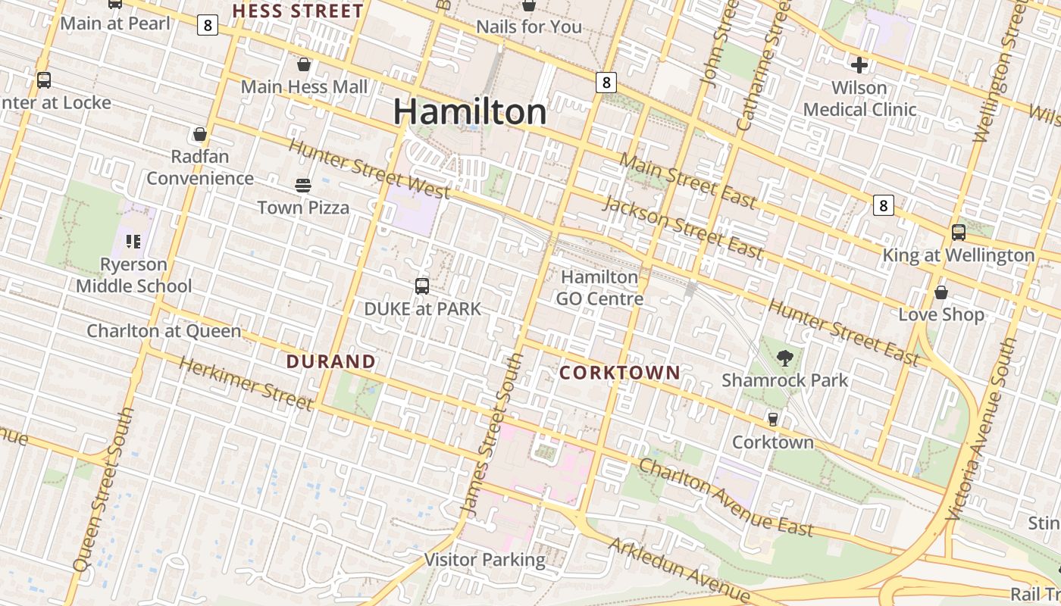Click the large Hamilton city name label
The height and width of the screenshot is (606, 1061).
click(x=470, y=112)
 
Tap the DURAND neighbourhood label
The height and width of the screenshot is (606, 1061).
click(x=331, y=361)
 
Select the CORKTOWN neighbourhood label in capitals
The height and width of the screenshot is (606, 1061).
click(x=620, y=372)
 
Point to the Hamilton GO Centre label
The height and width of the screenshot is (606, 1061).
click(x=599, y=288)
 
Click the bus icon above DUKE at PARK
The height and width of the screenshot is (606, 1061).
click(x=422, y=286)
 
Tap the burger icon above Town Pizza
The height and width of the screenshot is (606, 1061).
click(x=303, y=186)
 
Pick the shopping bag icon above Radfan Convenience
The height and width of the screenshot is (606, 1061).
click(x=200, y=134)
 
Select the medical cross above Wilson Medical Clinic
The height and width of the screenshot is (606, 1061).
click(x=859, y=64)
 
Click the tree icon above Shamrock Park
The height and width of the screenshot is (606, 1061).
click(x=785, y=358)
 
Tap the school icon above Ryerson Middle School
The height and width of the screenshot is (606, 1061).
click(x=133, y=242)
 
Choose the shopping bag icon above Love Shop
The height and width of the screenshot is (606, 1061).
click(x=941, y=292)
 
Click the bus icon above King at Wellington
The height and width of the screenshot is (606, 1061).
click(x=959, y=233)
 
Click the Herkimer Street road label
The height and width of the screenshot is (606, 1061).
click(x=246, y=383)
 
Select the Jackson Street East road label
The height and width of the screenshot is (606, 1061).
click(x=682, y=227)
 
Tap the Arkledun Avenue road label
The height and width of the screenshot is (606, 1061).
click(x=679, y=570)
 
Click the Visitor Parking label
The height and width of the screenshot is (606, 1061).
click(x=485, y=560)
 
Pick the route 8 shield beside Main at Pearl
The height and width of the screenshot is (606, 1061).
click(x=208, y=26)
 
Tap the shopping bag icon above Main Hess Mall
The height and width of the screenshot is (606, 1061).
click(x=304, y=64)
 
